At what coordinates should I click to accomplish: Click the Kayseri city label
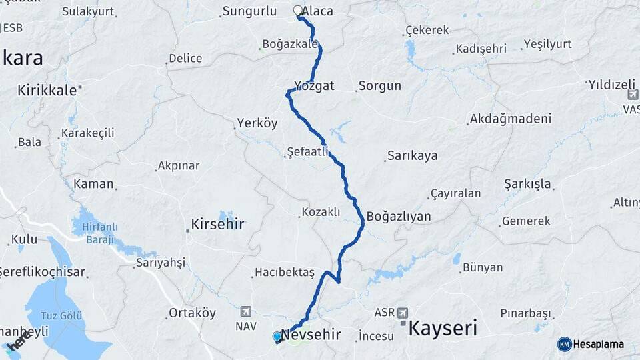(x=442, y=327)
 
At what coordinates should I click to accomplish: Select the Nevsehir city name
(x=311, y=333)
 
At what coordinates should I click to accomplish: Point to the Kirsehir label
(x=217, y=224)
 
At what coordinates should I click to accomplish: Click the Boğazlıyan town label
(x=399, y=217)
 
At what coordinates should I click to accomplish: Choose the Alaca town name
(x=318, y=11)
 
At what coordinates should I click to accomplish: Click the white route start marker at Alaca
(x=297, y=11)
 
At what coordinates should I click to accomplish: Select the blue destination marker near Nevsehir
(x=277, y=337)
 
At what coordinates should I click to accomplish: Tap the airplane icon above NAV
(x=245, y=311)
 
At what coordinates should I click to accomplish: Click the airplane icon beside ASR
(x=401, y=312)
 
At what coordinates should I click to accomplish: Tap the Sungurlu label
(x=249, y=11)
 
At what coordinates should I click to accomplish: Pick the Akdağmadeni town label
(x=511, y=119)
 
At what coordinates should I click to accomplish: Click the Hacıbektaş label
(x=283, y=273)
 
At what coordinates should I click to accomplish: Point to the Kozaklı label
(x=321, y=212)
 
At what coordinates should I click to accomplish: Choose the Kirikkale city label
(x=47, y=90)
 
